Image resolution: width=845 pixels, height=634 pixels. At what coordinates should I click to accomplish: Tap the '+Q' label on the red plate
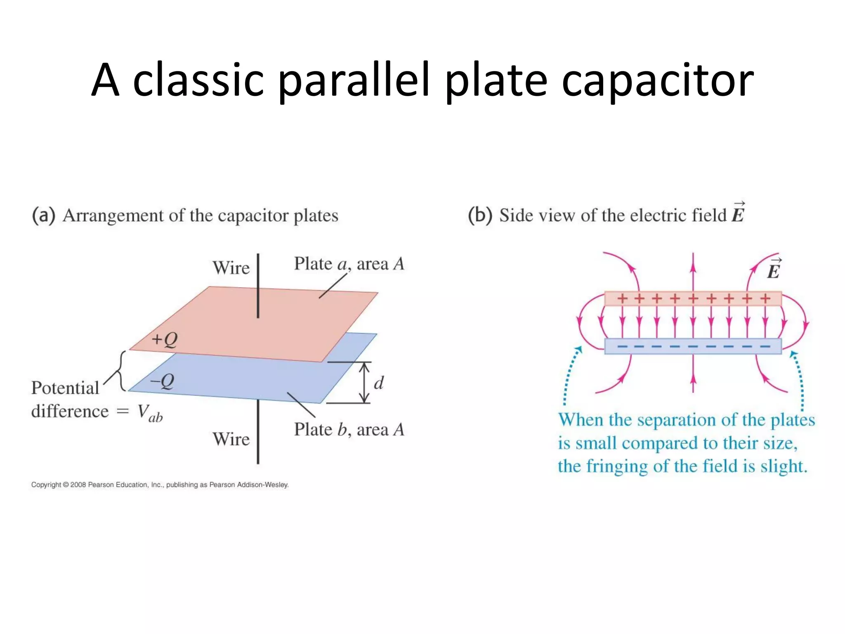[x=164, y=339]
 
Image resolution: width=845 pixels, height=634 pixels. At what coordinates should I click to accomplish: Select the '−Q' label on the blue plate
[x=162, y=381]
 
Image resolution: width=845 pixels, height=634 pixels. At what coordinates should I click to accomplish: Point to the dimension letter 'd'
[x=379, y=383]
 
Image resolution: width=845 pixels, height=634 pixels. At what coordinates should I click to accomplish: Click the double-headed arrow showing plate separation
[x=364, y=382]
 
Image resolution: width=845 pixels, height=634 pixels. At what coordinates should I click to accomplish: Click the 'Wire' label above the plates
[x=231, y=268]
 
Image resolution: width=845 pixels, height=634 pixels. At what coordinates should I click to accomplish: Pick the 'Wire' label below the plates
[x=231, y=439]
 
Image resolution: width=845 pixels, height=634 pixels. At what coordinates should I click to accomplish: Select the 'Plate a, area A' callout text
[x=349, y=264]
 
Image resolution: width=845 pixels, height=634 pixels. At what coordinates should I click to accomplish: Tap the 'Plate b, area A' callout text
[x=349, y=430]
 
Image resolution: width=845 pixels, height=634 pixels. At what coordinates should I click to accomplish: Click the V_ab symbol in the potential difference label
[x=149, y=412]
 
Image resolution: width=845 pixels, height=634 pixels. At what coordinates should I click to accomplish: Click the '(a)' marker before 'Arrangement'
[x=43, y=215]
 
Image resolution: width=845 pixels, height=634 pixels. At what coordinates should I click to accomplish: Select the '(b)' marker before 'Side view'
[x=480, y=215]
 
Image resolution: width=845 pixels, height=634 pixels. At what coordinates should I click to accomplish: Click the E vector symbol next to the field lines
[x=774, y=269]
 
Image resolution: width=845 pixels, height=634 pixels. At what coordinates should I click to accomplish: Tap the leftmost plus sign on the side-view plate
[x=622, y=298]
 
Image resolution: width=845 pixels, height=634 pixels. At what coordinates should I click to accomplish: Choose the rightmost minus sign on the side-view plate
[x=765, y=347]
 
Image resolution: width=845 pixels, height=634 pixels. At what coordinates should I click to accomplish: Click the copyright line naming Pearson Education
[x=160, y=485]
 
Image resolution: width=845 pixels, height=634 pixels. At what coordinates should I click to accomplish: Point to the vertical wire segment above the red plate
[x=258, y=285]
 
